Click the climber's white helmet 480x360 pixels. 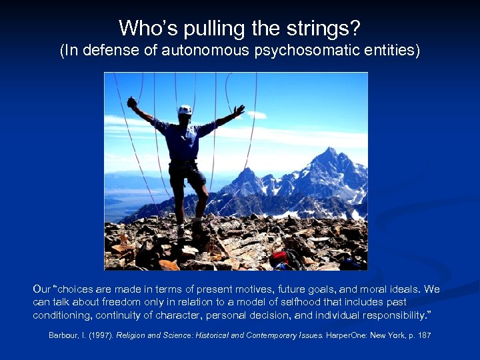185,109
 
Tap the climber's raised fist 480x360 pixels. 132,102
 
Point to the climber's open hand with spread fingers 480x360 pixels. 239,110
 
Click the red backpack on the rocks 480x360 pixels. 278,257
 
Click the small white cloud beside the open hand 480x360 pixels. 257,115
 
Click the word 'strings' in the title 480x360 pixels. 327,28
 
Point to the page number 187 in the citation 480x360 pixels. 424,335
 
